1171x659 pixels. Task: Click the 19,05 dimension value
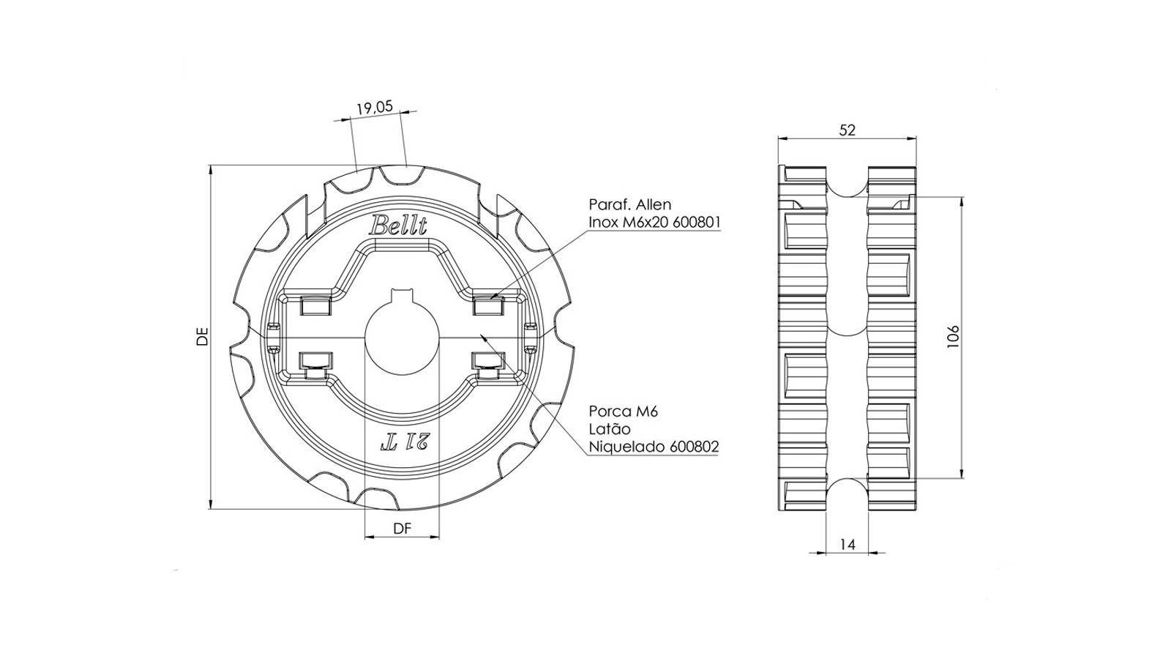pyautogui.click(x=374, y=108)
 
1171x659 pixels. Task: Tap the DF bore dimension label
pyautogui.click(x=402, y=529)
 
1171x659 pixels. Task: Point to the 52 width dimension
pyautogui.click(x=847, y=130)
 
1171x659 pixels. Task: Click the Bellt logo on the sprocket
pyautogui.click(x=398, y=226)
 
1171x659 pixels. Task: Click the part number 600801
pyautogui.click(x=696, y=223)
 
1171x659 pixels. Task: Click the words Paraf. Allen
pyautogui.click(x=630, y=204)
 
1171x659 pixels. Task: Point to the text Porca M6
pyautogui.click(x=623, y=412)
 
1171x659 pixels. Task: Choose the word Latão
pyautogui.click(x=610, y=429)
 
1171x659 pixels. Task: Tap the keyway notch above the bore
pyautogui.click(x=402, y=295)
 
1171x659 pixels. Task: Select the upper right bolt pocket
pyautogui.click(x=489, y=305)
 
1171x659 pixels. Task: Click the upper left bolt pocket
pyautogui.click(x=315, y=305)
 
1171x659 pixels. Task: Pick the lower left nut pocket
pyautogui.click(x=315, y=365)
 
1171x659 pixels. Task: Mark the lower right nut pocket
pyautogui.click(x=488, y=365)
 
